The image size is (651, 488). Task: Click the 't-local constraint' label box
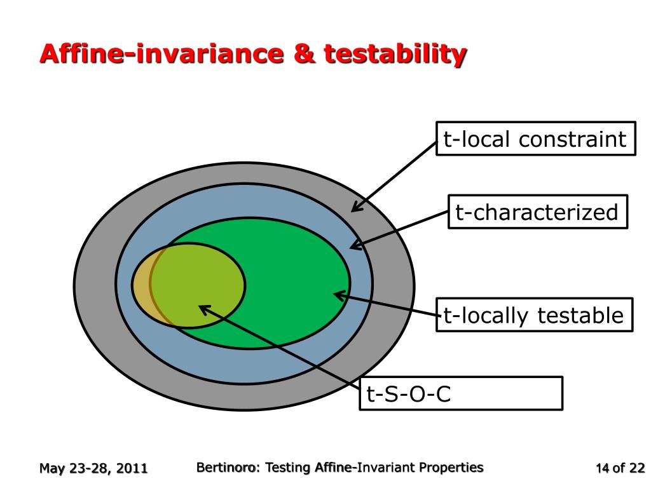coord(535,139)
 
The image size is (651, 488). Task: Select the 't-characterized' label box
coord(537,212)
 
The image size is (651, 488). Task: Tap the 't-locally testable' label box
coord(534,315)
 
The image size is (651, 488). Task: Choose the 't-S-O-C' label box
coord(461,393)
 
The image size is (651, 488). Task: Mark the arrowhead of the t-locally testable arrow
coord(337,294)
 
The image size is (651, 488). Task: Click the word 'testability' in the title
coord(395,54)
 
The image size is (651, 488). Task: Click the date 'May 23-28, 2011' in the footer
coord(93,469)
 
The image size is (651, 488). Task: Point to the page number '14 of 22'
coord(620,469)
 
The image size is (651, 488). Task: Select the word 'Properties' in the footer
coord(452,468)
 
